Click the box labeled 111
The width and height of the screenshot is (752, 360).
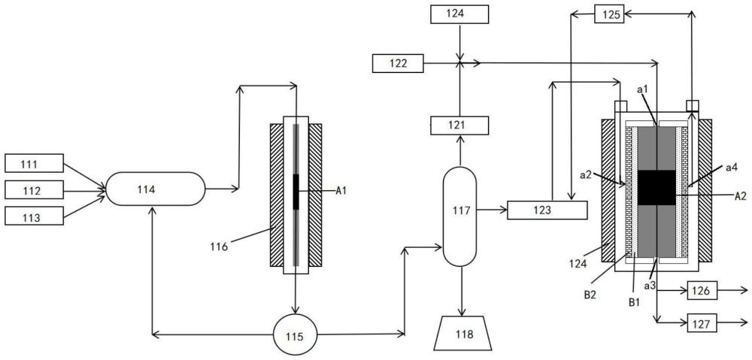click(33, 162)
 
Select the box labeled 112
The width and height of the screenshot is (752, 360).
click(33, 189)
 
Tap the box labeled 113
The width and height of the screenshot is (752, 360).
click(33, 216)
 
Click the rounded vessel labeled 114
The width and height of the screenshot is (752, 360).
click(154, 189)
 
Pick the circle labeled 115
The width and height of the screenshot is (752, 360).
click(294, 335)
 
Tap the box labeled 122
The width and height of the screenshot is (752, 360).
click(399, 64)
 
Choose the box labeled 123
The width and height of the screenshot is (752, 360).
click(546, 210)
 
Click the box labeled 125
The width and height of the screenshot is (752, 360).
click(608, 14)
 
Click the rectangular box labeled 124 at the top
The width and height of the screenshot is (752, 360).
click(460, 13)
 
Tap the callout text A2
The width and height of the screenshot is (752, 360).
click(740, 195)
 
